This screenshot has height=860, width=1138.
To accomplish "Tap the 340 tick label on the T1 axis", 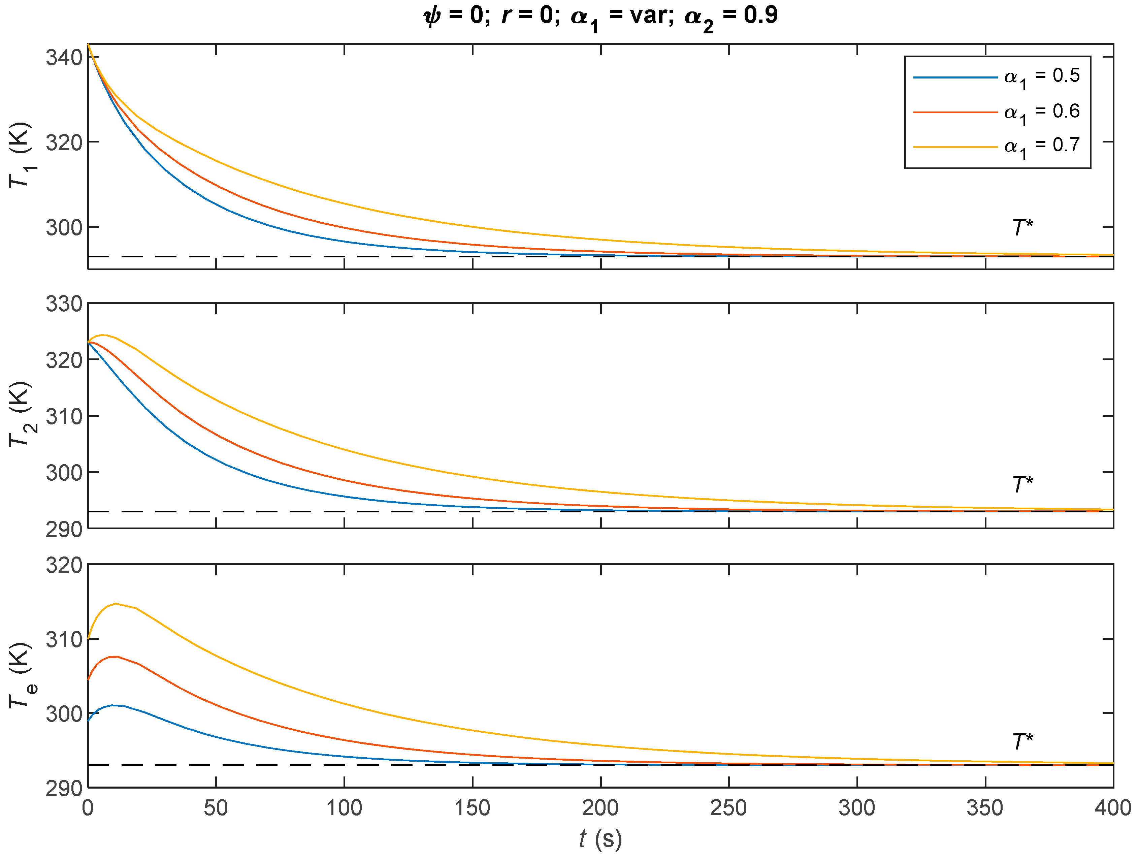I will tap(64, 57).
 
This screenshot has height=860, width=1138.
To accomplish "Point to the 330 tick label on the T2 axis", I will tap(64, 304).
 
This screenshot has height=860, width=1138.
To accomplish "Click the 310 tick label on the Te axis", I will tap(64, 640).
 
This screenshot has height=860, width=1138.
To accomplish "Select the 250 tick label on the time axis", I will tap(728, 808).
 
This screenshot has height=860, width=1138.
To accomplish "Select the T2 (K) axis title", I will tap(21, 414).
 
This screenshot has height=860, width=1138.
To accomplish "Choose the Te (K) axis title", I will tap(21, 675).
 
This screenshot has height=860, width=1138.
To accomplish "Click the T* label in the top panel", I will tap(1022, 227).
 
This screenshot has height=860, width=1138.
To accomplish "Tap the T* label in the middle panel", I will tap(1022, 484).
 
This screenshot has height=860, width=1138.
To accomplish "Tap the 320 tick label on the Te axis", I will tap(64, 565).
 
